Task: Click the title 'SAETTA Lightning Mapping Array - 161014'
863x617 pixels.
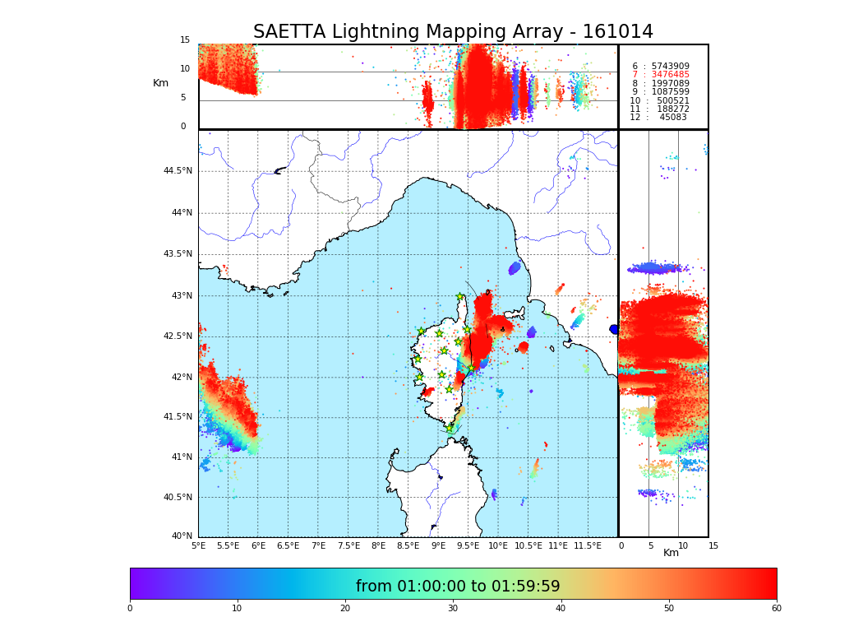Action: click(x=453, y=32)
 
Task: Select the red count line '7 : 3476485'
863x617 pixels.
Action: click(x=660, y=75)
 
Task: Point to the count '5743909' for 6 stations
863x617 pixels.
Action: click(x=670, y=67)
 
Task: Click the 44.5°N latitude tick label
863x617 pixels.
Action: click(x=178, y=171)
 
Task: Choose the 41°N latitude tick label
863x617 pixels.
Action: click(x=178, y=457)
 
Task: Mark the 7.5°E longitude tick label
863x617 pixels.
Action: click(x=348, y=546)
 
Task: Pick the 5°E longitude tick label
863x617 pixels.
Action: click(x=198, y=546)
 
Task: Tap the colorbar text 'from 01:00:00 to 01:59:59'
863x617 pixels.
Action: click(x=458, y=587)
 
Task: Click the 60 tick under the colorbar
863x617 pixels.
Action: click(x=776, y=609)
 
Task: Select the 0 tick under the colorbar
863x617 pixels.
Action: click(x=130, y=609)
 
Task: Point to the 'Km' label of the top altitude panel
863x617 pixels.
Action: click(x=160, y=83)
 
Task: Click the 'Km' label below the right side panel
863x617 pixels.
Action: click(x=671, y=554)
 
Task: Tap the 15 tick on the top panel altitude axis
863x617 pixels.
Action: click(x=185, y=40)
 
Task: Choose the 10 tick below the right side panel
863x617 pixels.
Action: click(x=683, y=546)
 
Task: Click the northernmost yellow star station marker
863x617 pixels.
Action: click(x=460, y=297)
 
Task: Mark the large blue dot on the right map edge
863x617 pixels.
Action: click(x=614, y=329)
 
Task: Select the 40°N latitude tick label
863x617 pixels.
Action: click(x=182, y=536)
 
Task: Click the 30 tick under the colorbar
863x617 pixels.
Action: click(x=453, y=609)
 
